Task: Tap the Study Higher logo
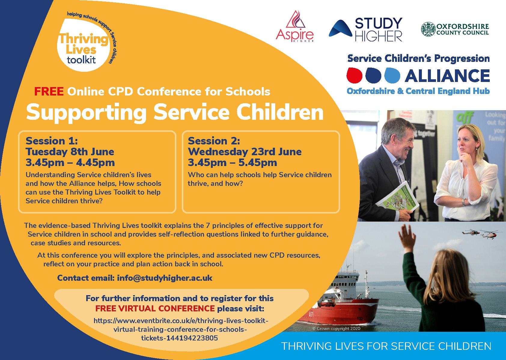tap(365, 29)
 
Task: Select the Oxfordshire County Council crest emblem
tap(428, 29)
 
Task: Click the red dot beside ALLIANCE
tap(355, 75)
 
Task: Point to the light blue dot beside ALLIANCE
tap(392, 75)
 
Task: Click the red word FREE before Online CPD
tap(49, 92)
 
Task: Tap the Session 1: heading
tap(52, 141)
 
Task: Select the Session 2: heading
tap(214, 141)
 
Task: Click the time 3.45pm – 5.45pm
tap(233, 162)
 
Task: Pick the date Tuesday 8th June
tap(70, 152)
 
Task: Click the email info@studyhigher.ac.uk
tap(165, 278)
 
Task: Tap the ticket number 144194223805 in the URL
tap(192, 338)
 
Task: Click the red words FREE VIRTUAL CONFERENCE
tap(155, 308)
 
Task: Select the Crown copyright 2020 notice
tap(336, 329)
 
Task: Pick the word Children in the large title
tap(280, 112)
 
